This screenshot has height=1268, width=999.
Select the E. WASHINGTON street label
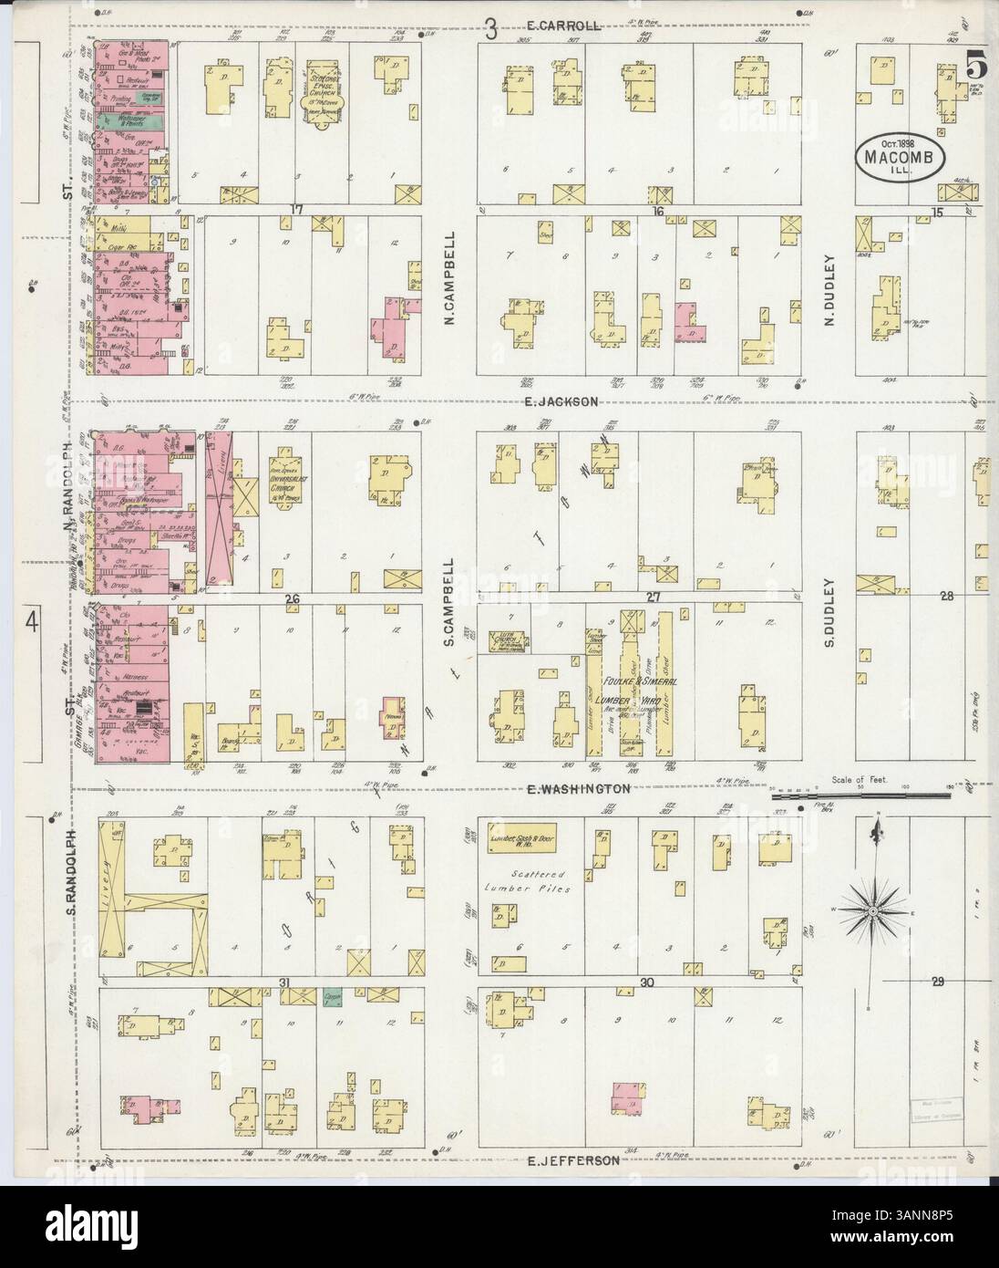[x=577, y=787]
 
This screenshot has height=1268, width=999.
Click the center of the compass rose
[x=874, y=910]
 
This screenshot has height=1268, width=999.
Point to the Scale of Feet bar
[x=860, y=795]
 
